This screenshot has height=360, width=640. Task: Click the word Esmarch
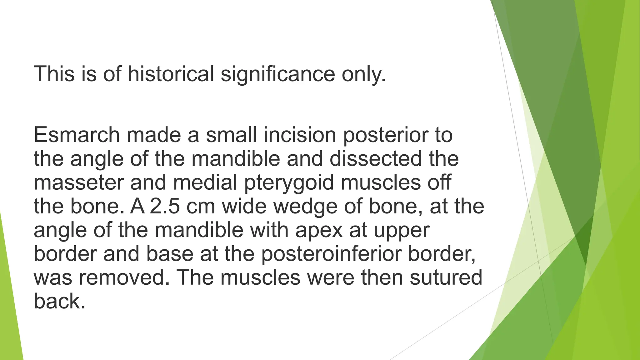(x=77, y=135)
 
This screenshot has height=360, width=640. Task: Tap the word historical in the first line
(x=171, y=74)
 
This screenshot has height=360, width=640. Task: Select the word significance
(x=278, y=74)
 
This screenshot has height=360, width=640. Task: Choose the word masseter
(x=78, y=182)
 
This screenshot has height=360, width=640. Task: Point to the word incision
(x=300, y=135)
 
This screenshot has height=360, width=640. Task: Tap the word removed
(x=122, y=277)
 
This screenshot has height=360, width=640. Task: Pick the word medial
(x=205, y=182)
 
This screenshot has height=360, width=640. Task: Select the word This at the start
(x=54, y=74)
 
